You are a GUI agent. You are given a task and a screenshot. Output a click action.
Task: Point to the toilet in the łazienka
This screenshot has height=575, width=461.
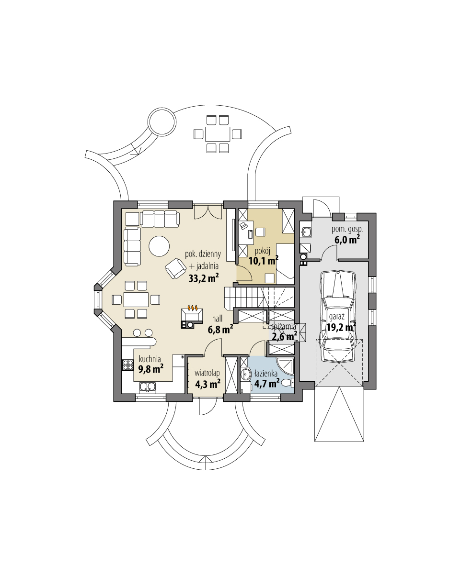[x=287, y=382]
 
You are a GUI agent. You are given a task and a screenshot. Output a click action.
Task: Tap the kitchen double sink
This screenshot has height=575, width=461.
[x=147, y=387]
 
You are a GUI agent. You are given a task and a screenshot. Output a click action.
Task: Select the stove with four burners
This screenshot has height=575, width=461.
[x=128, y=366]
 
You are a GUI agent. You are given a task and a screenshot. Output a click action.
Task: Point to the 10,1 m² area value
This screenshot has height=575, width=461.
[x=264, y=261]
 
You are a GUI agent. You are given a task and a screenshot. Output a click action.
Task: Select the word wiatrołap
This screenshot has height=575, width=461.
[x=207, y=373]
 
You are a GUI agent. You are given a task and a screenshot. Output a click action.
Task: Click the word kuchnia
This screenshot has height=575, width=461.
[x=150, y=358]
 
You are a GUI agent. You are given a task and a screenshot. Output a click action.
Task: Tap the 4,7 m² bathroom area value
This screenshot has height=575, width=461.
[x=267, y=383]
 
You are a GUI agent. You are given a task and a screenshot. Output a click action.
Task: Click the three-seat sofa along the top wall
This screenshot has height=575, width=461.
[x=160, y=219]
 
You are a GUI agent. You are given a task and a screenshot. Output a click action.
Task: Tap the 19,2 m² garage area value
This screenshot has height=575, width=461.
[x=341, y=327]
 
